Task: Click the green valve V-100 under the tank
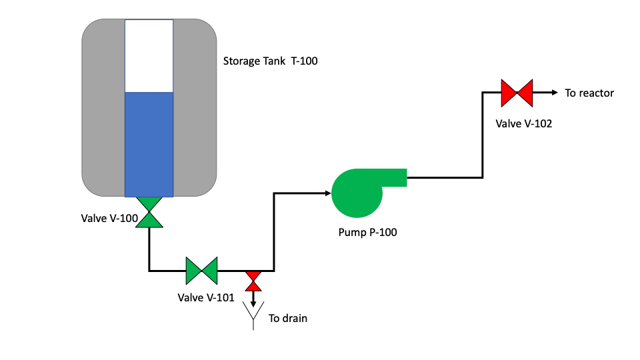tap(149, 213)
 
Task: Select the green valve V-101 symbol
tap(201, 270)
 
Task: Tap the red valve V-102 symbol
tap(517, 93)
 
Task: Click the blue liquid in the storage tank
tap(149, 144)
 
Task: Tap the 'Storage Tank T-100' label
tap(271, 62)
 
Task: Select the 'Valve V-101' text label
tap(206, 297)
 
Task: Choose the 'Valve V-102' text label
tap(524, 123)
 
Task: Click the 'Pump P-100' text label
tap(369, 233)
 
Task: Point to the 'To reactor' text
tap(589, 93)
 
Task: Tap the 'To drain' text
tap(288, 318)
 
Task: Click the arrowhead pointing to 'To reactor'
tap(553, 93)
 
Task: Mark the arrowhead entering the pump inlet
tap(327, 193)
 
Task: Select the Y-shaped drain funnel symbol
tap(253, 316)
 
